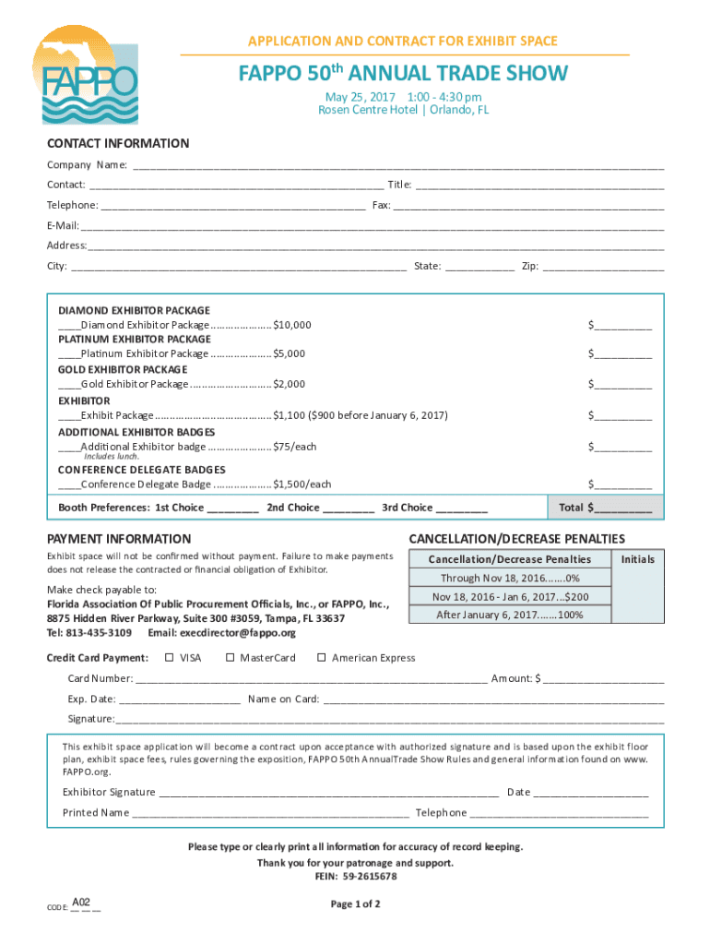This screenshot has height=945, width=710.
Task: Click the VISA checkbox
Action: (169, 658)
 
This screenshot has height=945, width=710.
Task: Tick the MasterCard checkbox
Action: (231, 658)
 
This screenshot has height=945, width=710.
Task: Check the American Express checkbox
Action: (322, 658)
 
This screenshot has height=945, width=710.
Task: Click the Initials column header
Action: (638, 559)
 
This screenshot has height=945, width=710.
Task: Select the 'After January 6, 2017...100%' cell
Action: (509, 615)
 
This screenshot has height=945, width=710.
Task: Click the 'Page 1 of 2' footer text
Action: (355, 903)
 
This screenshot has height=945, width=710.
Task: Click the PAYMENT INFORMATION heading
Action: (119, 539)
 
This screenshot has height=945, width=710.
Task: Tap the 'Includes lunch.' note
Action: (112, 457)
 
